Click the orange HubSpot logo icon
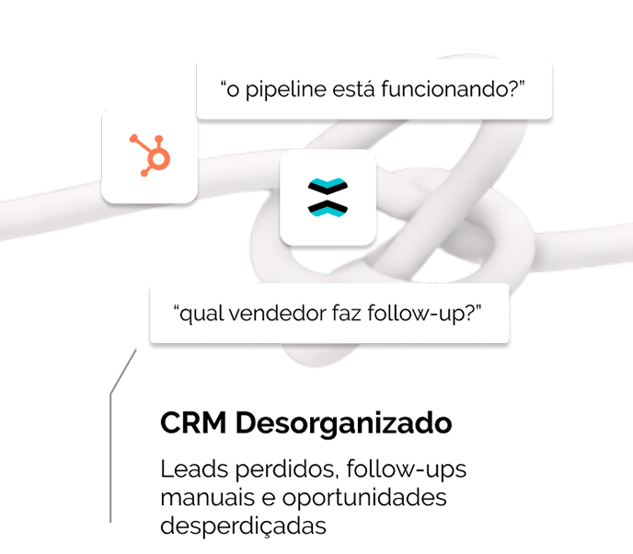pyautogui.click(x=150, y=156)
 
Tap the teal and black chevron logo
pyautogui.click(x=328, y=197)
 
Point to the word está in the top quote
pyautogui.click(x=353, y=89)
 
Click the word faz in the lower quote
pyautogui.click(x=347, y=313)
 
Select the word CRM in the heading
pyautogui.click(x=193, y=422)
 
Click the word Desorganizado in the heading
pyautogui.click(x=343, y=424)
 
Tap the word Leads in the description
pyautogui.click(x=194, y=469)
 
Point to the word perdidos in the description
pyautogui.click(x=286, y=470)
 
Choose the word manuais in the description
pyautogui.click(x=208, y=497)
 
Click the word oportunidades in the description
pyautogui.click(x=364, y=498)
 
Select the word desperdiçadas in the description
pyautogui.click(x=243, y=526)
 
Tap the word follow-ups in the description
pyautogui.click(x=406, y=470)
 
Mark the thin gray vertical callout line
pyautogui.click(x=110, y=458)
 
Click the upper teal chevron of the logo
pyautogui.click(x=328, y=185)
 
